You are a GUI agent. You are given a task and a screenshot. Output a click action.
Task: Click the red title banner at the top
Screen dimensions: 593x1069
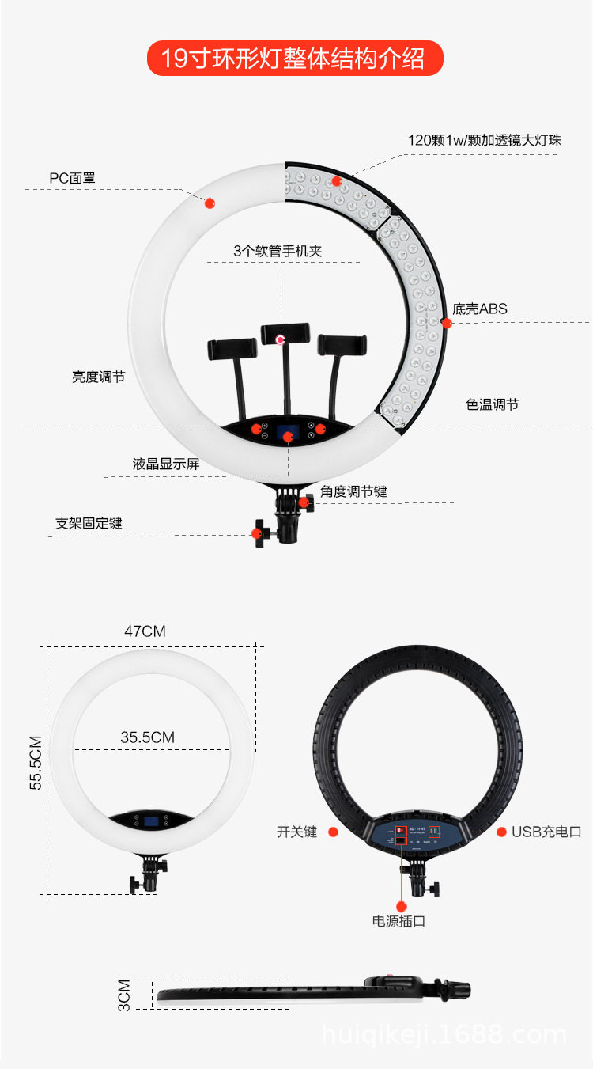tap(295, 59)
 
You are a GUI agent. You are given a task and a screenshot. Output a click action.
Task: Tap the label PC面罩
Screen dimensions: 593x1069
tap(72, 178)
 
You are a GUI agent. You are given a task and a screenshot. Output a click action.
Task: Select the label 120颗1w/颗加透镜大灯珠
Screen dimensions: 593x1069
tap(484, 140)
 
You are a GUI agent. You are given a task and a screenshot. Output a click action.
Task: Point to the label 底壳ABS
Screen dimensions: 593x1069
tap(480, 309)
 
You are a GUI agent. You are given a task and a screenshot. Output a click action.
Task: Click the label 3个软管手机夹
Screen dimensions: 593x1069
tap(278, 251)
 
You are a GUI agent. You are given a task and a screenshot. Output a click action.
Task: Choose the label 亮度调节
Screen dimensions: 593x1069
tap(98, 377)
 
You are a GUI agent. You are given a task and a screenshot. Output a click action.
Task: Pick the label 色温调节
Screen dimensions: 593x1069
tap(493, 404)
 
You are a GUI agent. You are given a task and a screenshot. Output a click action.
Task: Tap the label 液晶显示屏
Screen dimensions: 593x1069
tap(166, 464)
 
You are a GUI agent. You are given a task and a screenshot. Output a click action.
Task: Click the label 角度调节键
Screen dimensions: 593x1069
tap(354, 491)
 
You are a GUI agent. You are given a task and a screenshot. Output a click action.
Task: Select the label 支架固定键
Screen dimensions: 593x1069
tap(89, 523)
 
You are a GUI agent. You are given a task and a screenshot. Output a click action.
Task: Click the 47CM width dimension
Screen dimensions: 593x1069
tap(145, 631)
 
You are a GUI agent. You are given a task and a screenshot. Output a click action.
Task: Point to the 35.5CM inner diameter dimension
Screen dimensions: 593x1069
tap(148, 737)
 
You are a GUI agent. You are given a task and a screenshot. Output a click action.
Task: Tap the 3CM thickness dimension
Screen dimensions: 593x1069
tap(124, 995)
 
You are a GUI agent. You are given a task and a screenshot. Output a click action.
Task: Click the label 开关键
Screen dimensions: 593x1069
tap(296, 832)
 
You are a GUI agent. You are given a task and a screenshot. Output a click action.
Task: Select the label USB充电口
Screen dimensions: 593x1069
tap(546, 832)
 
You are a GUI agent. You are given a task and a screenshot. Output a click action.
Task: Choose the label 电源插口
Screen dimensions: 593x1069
tap(398, 921)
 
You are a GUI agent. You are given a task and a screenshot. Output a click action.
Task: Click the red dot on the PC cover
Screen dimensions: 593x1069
tap(210, 203)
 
